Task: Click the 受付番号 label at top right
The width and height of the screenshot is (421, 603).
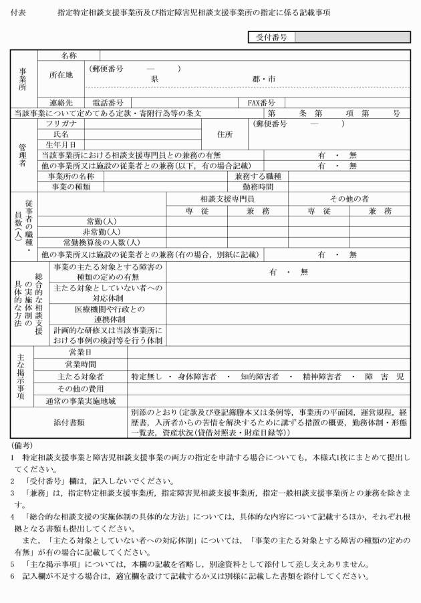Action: (x=271, y=38)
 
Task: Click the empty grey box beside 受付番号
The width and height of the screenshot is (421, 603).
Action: (x=352, y=38)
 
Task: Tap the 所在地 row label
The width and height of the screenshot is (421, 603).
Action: (x=61, y=75)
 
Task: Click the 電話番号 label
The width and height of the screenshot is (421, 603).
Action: (x=107, y=103)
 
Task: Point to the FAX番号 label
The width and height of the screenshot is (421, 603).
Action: (x=262, y=103)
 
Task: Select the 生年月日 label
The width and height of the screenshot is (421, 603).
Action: (x=61, y=144)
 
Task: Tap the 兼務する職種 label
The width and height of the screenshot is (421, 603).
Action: (x=257, y=176)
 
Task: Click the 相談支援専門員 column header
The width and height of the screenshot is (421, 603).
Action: (x=227, y=200)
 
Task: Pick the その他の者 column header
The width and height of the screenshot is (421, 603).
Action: (x=349, y=200)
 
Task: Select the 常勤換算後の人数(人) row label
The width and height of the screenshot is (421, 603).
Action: (x=101, y=242)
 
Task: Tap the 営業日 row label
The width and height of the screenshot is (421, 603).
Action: (x=80, y=352)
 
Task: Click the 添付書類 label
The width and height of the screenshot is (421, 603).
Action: (x=73, y=421)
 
